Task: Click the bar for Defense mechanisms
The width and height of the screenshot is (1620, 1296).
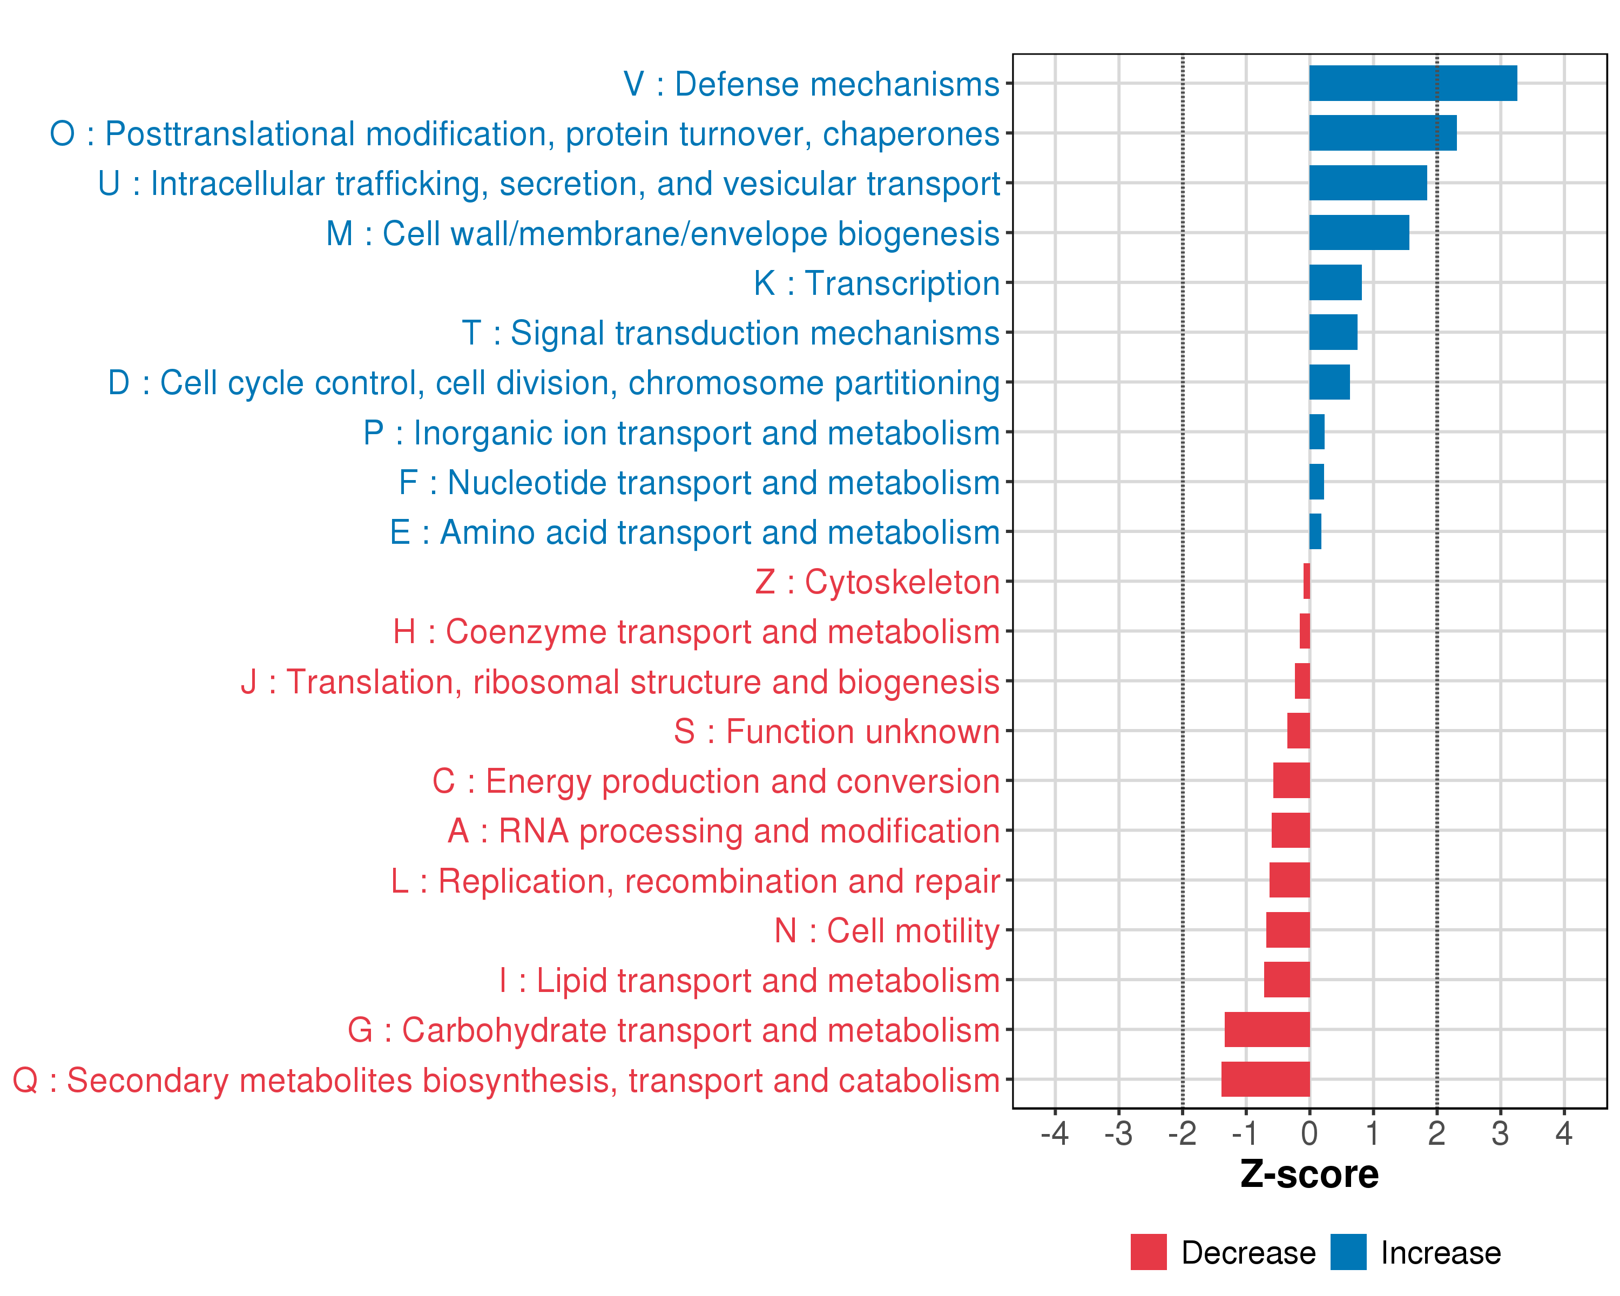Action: click(x=1413, y=83)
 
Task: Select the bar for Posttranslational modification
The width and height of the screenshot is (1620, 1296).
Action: click(x=1382, y=133)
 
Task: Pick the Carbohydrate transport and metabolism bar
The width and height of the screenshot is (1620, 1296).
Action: click(x=1267, y=1029)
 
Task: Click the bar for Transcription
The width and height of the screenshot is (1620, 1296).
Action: click(x=1335, y=282)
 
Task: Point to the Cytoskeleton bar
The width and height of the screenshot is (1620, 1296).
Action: click(x=1307, y=580)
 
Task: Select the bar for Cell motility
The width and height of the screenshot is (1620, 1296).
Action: click(x=1288, y=930)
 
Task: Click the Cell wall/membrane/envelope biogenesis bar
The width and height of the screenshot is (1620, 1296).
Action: click(x=1359, y=233)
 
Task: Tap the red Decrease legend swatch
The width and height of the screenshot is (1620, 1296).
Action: click(x=1148, y=1252)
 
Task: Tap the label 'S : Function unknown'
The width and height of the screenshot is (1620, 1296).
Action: click(x=836, y=732)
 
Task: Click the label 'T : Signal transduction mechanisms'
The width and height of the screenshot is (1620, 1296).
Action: click(x=731, y=333)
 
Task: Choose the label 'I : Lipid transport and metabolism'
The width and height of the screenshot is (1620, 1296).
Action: click(x=749, y=981)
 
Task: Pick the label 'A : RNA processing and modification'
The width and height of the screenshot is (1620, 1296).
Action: click(x=724, y=831)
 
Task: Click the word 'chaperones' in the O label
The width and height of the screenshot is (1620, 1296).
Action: click(x=910, y=134)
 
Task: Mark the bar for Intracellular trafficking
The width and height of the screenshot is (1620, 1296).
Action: click(x=1367, y=183)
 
